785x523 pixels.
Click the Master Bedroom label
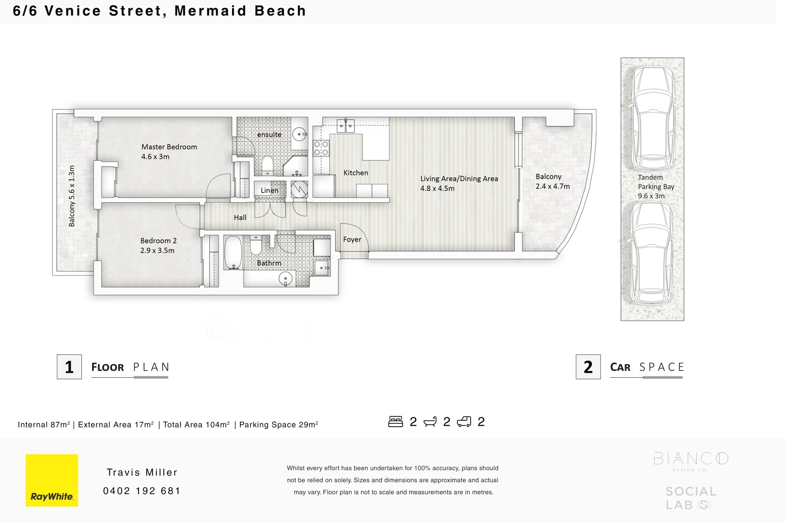click(x=169, y=147)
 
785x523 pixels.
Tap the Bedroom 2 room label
click(x=158, y=241)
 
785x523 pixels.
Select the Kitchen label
click(x=356, y=173)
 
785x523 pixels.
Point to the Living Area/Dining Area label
click(x=459, y=179)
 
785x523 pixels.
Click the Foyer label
click(x=352, y=239)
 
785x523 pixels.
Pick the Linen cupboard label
click(x=269, y=190)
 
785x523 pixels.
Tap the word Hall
click(x=240, y=217)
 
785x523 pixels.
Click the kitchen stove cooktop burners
click(x=321, y=148)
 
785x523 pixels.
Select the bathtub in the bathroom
click(x=233, y=252)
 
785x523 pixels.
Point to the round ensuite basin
click(x=300, y=134)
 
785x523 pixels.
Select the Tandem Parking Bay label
click(x=656, y=186)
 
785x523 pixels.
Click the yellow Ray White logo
click(x=52, y=480)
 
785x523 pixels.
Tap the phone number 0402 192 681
click(x=141, y=491)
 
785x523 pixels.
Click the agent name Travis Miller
click(x=142, y=472)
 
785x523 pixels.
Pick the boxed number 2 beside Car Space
click(x=588, y=367)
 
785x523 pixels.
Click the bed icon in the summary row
click(x=395, y=422)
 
